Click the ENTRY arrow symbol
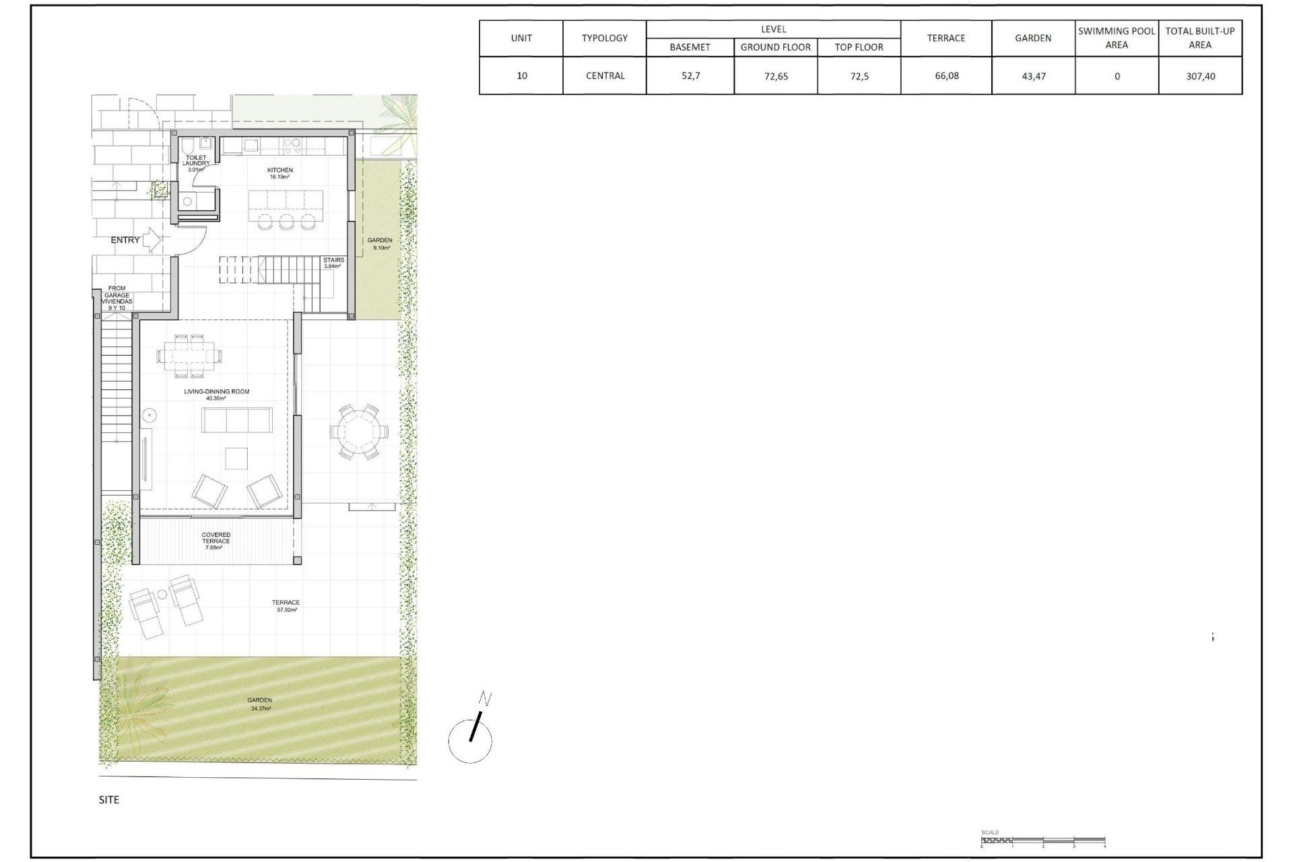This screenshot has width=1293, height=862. click(x=152, y=239)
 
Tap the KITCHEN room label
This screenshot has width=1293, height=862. click(x=280, y=173)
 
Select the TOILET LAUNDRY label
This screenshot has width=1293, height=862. click(x=196, y=163)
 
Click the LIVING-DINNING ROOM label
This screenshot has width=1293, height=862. click(x=216, y=394)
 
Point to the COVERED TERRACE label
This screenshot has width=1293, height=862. click(x=215, y=540)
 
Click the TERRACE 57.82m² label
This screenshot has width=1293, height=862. click(x=286, y=605)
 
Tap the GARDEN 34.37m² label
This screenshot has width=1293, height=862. click(x=260, y=704)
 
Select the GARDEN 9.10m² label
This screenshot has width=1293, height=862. click(x=380, y=243)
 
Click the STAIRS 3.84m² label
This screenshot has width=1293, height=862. click(x=333, y=262)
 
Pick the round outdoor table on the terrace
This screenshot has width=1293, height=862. click(x=358, y=432)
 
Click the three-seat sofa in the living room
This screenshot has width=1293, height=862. click(x=237, y=420)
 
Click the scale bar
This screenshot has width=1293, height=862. click(x=1042, y=841)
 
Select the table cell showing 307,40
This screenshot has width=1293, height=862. click(x=1200, y=76)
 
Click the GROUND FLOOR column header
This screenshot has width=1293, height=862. click(x=775, y=47)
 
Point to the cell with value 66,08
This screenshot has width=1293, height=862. click(x=946, y=76)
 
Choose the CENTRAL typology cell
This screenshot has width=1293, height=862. click(x=605, y=76)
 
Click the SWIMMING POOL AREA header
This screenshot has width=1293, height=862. click(x=1116, y=38)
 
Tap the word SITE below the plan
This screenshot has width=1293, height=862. click(x=108, y=799)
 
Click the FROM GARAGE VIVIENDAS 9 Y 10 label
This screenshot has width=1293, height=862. click(x=117, y=298)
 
